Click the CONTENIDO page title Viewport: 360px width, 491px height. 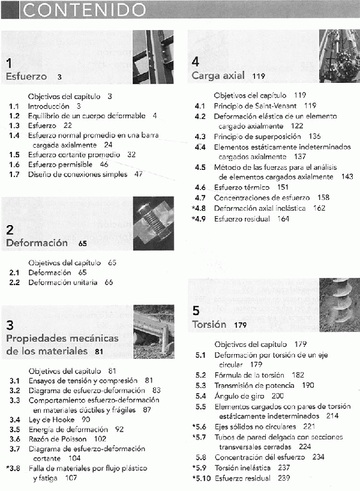(x=83, y=10)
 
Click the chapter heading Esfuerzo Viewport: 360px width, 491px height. (x=26, y=76)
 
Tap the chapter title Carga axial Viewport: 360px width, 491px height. (x=218, y=76)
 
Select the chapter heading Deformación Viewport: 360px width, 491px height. (x=37, y=243)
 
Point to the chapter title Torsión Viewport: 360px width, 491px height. (x=209, y=325)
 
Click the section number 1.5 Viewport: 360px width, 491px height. (x=14, y=154)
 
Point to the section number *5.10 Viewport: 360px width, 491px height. (x=201, y=478)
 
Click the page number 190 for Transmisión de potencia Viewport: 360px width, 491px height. (x=308, y=385)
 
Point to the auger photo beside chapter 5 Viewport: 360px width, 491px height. (x=340, y=304)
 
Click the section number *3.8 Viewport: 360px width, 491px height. (x=13, y=468)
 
